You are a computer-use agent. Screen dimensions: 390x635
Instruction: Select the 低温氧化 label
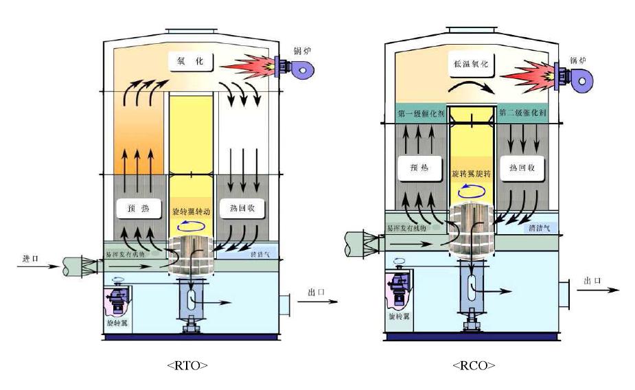(472, 64)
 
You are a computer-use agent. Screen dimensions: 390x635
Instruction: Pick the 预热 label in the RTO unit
(135, 207)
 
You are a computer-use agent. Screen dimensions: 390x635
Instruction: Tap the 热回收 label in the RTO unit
(238, 207)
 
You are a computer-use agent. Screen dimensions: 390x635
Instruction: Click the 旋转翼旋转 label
(472, 174)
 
